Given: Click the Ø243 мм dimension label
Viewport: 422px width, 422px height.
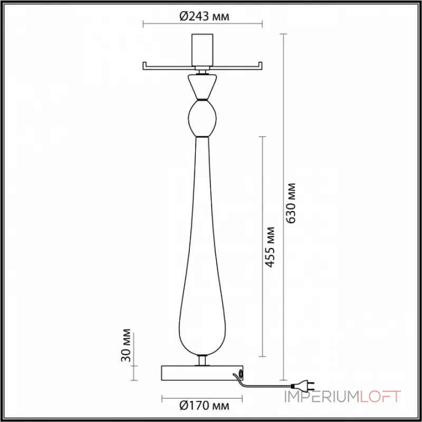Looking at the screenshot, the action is click(204, 17).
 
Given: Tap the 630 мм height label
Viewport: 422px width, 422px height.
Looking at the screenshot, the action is click(291, 203).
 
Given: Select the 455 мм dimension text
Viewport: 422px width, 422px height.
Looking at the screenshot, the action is click(270, 247).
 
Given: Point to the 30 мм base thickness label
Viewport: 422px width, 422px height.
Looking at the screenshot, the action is click(126, 345).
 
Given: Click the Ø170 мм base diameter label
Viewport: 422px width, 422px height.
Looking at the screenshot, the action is click(204, 406).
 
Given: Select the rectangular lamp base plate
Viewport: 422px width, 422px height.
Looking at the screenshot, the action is click(202, 373).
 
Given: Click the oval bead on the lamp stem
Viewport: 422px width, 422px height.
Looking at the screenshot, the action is click(202, 118).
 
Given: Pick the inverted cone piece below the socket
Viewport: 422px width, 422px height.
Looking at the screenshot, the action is click(202, 87).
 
